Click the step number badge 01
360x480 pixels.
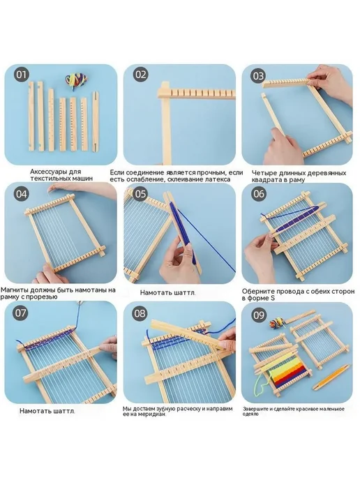click(x=22, y=75)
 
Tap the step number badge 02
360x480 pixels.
click(x=141, y=75)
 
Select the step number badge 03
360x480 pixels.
click(x=258, y=76)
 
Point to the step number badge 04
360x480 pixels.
click(x=22, y=194)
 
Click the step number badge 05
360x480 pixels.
click(x=140, y=194)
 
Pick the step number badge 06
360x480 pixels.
click(x=259, y=194)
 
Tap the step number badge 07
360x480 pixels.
click(x=20, y=313)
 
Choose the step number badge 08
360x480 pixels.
click(x=140, y=313)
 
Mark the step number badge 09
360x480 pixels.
click(x=259, y=315)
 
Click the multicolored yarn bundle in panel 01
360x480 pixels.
click(x=76, y=80)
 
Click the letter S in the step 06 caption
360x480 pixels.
click(x=273, y=298)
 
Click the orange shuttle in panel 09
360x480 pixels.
click(x=331, y=377)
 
